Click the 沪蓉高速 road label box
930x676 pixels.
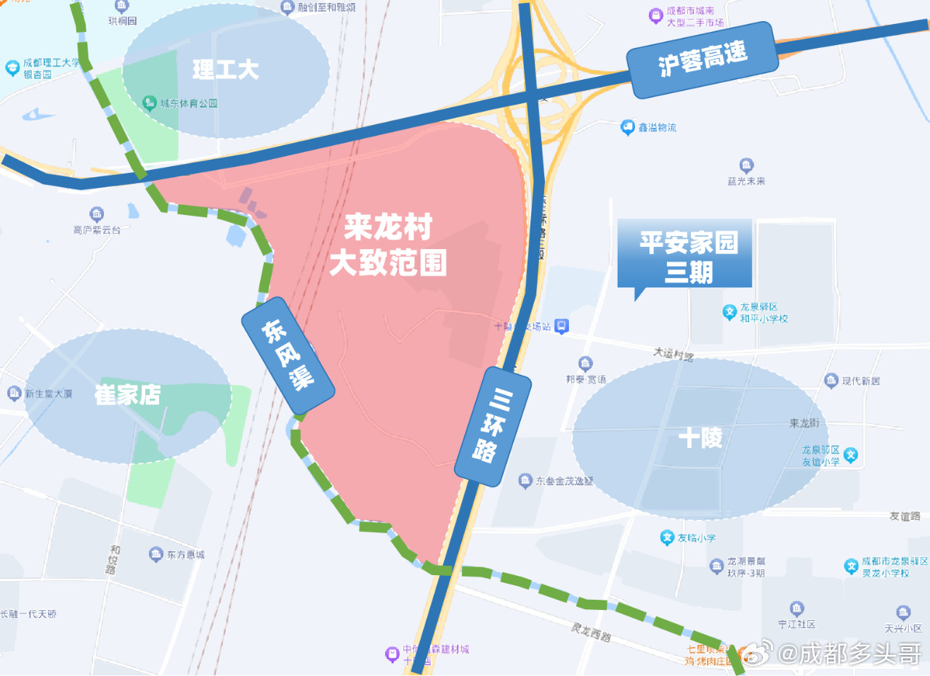(703, 59)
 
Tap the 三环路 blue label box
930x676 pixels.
(493, 426)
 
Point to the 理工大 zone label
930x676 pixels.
(225, 70)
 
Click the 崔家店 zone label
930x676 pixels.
(127, 395)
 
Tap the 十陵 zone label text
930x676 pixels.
(700, 438)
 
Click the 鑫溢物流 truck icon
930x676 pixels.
(627, 127)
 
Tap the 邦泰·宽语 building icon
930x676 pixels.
(586, 363)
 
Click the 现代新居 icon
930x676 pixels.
(832, 380)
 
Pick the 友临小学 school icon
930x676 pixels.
(666, 537)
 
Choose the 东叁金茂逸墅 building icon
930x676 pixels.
(525, 481)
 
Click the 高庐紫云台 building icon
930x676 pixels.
(97, 213)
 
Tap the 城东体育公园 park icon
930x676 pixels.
(150, 102)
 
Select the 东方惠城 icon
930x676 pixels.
(155, 554)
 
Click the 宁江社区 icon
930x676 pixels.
(797, 608)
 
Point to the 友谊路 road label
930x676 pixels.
(905, 516)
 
